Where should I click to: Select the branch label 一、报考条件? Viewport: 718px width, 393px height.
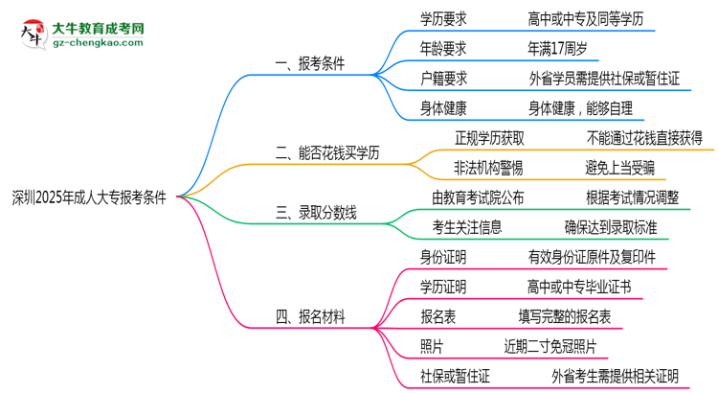309,64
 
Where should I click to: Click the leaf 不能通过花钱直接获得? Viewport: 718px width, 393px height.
645,138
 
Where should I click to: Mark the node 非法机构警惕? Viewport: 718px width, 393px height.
488,168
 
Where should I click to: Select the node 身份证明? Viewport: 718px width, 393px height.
443,257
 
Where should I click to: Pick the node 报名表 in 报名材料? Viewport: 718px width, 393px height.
437,316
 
